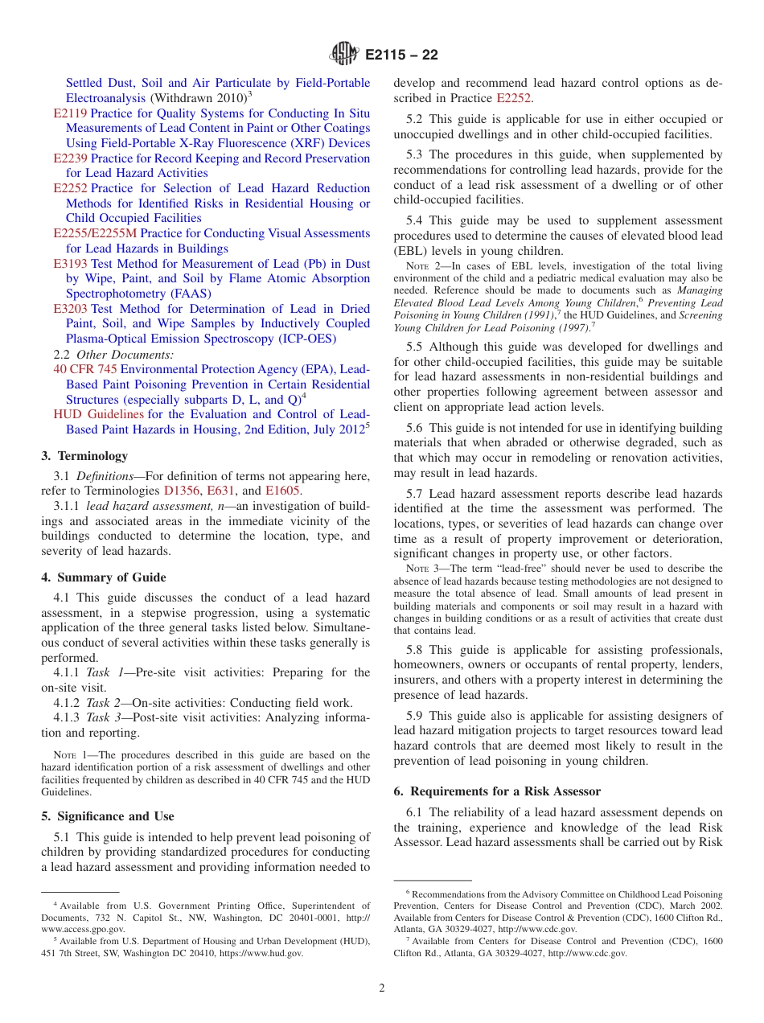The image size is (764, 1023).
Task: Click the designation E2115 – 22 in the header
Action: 401,55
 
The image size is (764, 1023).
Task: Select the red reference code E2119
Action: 70,113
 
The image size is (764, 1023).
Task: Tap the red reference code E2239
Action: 70,158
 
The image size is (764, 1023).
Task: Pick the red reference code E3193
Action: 70,264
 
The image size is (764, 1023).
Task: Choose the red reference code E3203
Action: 70,309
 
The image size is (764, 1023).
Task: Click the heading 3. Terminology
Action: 84,456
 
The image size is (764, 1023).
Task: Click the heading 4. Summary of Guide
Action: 104,577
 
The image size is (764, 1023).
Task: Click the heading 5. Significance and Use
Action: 108,816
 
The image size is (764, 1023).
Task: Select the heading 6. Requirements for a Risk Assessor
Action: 497,791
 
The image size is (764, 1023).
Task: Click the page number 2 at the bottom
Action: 382,988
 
